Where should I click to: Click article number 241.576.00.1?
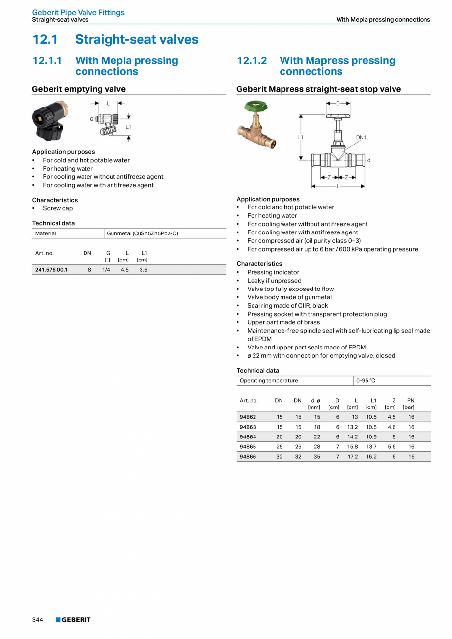51,270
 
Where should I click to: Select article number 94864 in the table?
248,436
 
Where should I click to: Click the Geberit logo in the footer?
73,620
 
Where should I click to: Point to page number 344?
38,620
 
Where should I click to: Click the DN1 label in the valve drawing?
361,138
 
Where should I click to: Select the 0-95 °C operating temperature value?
366,381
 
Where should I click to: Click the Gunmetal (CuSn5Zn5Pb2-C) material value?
142,233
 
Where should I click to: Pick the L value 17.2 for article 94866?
352,456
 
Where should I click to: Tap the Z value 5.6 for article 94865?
391,446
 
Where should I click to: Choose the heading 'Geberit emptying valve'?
79,89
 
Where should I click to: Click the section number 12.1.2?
252,60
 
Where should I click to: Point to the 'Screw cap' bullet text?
57,208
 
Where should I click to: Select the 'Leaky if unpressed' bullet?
274,281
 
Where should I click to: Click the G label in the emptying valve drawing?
91,119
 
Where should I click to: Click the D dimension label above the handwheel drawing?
338,103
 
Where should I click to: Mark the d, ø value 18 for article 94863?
317,427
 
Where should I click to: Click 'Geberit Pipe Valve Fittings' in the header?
79,12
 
